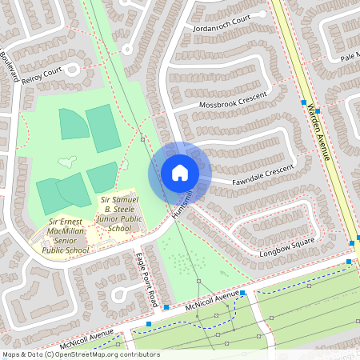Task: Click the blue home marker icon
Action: tap(179, 172)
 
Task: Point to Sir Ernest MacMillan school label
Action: tap(68, 234)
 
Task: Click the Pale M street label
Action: tap(350, 58)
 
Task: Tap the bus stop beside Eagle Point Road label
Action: tap(166, 307)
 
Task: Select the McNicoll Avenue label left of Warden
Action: tap(212, 302)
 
